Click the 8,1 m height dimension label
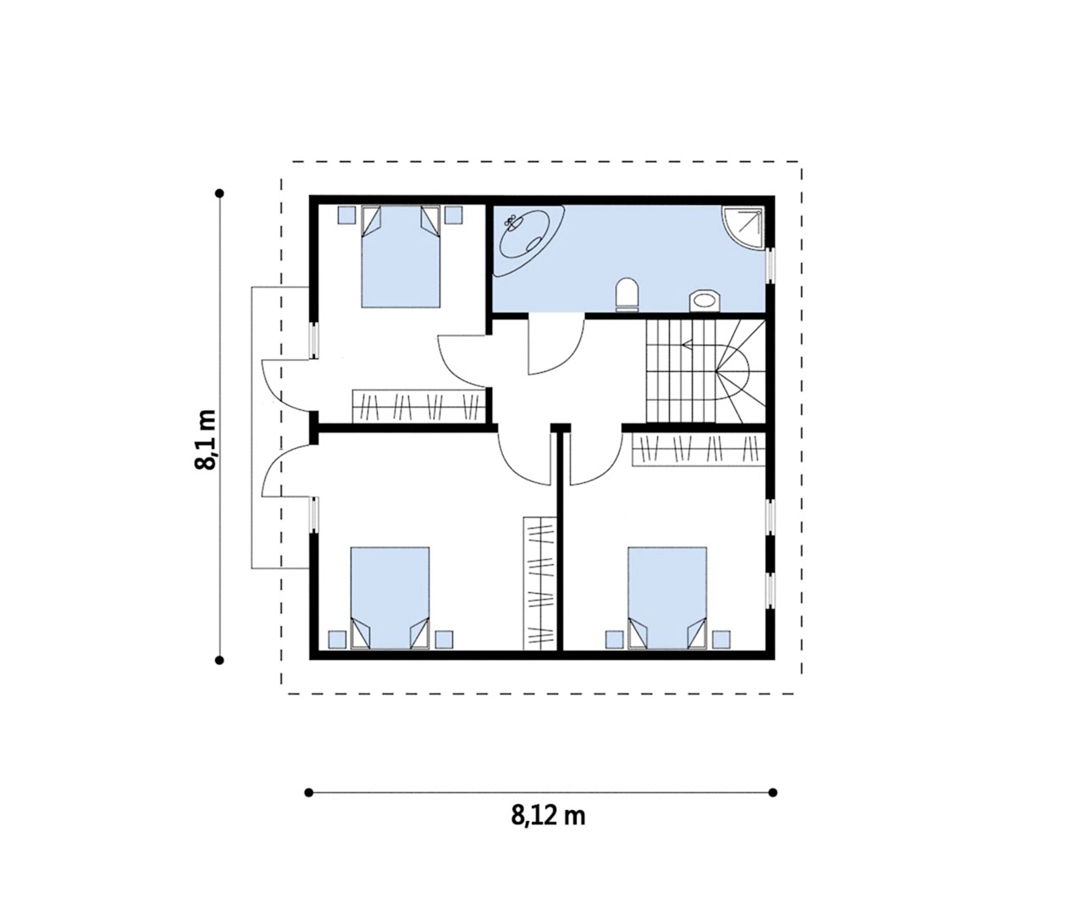[206, 440]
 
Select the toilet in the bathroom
[627, 295]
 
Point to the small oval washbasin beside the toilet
[705, 301]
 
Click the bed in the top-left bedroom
[401, 257]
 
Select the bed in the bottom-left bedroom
[390, 597]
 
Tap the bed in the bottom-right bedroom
[667, 597]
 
